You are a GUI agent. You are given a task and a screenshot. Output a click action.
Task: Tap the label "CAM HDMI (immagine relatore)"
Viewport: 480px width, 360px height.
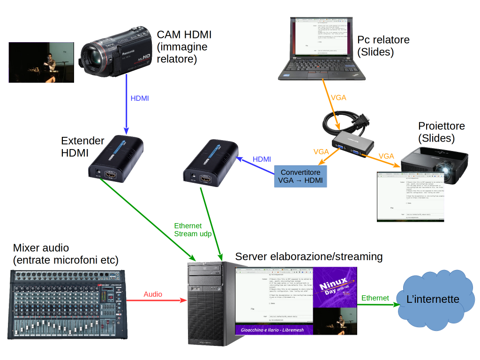(x=184, y=47)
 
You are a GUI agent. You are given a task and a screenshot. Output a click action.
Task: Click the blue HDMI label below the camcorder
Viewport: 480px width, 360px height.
(x=140, y=98)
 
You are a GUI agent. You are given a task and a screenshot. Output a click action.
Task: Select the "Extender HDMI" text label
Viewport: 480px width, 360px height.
(x=82, y=146)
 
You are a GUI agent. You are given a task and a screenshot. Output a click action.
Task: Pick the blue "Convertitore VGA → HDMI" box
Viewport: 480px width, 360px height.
(x=300, y=177)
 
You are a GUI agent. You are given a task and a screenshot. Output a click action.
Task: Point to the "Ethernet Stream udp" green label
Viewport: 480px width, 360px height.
(x=193, y=230)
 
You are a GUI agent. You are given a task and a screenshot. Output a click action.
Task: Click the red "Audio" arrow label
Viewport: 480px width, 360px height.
(x=153, y=294)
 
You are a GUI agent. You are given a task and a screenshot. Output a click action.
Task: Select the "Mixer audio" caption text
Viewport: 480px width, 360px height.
(x=66, y=254)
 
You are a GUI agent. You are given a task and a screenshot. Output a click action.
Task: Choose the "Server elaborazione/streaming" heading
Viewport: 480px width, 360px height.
(x=309, y=256)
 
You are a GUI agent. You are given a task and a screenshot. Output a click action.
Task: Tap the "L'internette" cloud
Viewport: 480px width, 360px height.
(x=432, y=299)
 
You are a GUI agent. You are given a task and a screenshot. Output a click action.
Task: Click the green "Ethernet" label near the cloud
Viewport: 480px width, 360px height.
(x=375, y=298)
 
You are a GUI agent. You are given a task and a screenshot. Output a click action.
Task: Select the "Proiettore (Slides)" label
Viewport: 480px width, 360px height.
(x=441, y=132)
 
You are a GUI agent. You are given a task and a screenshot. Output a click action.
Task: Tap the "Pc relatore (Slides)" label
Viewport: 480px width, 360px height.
(x=383, y=45)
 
